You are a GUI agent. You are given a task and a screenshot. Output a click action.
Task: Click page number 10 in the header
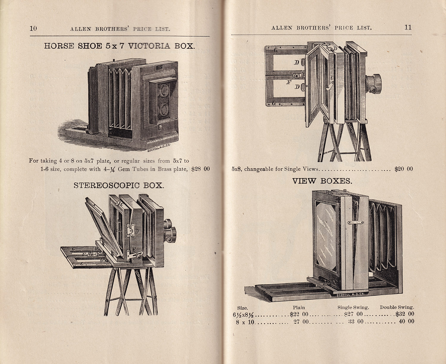[33, 29]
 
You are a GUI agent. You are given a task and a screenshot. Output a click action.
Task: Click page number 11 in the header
[408, 27]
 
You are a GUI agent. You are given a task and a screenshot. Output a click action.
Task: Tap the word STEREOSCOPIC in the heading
[106, 185]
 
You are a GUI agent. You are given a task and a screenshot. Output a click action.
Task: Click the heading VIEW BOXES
[322, 181]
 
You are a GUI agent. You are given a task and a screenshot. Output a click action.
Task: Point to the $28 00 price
[200, 169]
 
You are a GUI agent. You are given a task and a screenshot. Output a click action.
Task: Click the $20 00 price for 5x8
[404, 169]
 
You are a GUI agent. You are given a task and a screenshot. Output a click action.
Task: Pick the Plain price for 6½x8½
[299, 314]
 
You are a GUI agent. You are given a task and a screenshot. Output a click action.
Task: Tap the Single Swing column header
[353, 307]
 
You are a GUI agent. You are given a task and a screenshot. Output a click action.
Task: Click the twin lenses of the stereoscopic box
[170, 231]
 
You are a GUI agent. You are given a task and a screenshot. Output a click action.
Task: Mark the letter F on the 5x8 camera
[289, 82]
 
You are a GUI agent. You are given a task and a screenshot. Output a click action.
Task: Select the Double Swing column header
[397, 307]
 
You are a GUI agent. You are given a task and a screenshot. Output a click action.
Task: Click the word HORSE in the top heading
[59, 46]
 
